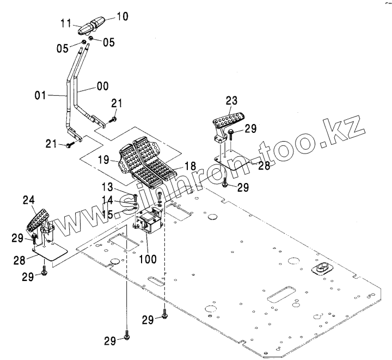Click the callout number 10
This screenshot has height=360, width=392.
[x=121, y=16]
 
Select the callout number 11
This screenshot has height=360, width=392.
[x=65, y=24]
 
